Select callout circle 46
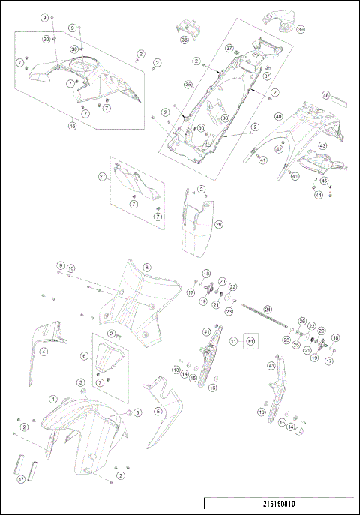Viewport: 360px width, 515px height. click(x=73, y=127)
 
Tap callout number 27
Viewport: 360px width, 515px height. click(x=102, y=177)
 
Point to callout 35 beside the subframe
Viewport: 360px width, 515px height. click(x=168, y=85)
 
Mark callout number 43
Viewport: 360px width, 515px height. click(x=322, y=145)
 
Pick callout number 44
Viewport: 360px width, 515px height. click(x=318, y=195)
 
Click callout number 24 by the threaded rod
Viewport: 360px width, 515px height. click(x=268, y=308)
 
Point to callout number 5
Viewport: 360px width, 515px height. click(x=158, y=411)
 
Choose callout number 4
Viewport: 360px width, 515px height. click(x=43, y=351)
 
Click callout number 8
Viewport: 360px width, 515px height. click(x=147, y=267)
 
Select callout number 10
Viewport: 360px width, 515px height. click(x=71, y=268)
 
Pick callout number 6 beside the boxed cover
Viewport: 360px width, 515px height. click(x=85, y=355)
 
